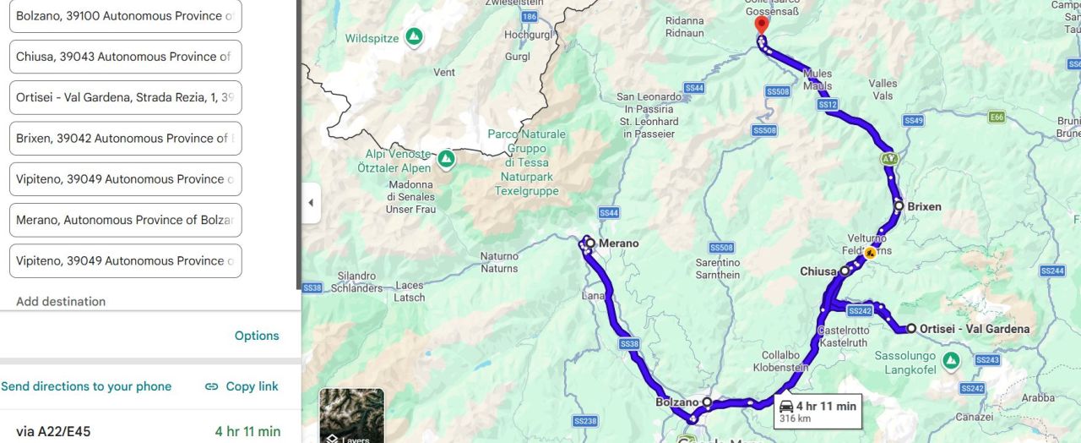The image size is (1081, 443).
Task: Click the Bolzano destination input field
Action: (125, 16)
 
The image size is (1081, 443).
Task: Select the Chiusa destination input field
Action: (125, 57)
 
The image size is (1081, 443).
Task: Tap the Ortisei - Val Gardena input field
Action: (125, 97)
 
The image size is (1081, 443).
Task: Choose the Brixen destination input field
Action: (125, 138)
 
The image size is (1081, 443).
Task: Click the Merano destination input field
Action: (125, 220)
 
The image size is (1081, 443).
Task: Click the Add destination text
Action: (61, 302)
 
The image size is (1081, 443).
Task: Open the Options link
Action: (257, 336)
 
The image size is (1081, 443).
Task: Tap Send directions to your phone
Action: (86, 386)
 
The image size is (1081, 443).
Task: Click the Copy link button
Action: (242, 386)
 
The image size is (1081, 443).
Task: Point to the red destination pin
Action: (762, 24)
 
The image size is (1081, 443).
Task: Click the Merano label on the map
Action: (618, 243)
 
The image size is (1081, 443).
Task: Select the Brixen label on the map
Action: (924, 206)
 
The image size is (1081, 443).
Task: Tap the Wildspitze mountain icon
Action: (414, 38)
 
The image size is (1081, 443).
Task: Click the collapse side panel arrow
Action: (311, 203)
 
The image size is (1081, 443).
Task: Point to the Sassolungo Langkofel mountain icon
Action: (951, 361)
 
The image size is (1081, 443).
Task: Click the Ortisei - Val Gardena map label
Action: (974, 329)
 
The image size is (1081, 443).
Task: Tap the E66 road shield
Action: (997, 118)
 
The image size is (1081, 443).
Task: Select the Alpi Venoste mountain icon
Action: (446, 158)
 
